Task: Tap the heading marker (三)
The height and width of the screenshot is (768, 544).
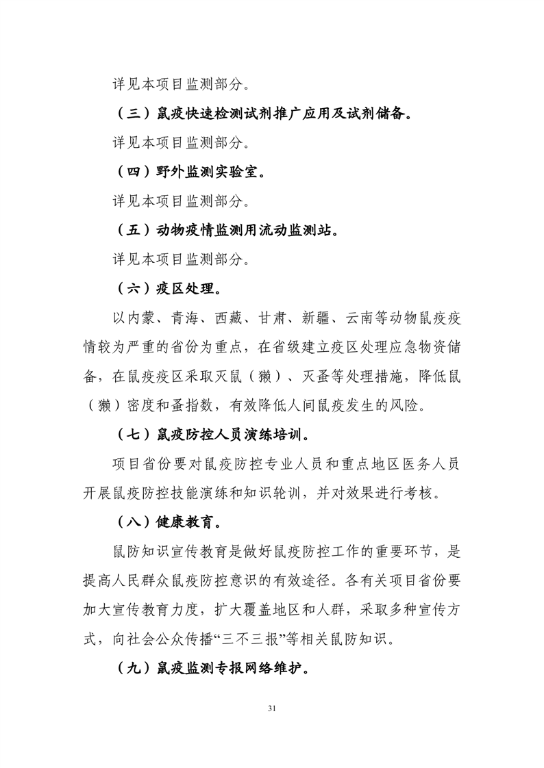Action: pyautogui.click(x=133, y=114)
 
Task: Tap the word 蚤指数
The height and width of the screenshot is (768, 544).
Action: pyautogui.click(x=186, y=406)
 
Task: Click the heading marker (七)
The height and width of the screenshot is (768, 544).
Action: pyautogui.click(x=133, y=435)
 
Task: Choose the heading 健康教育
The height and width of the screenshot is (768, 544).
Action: pyautogui.click(x=188, y=523)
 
